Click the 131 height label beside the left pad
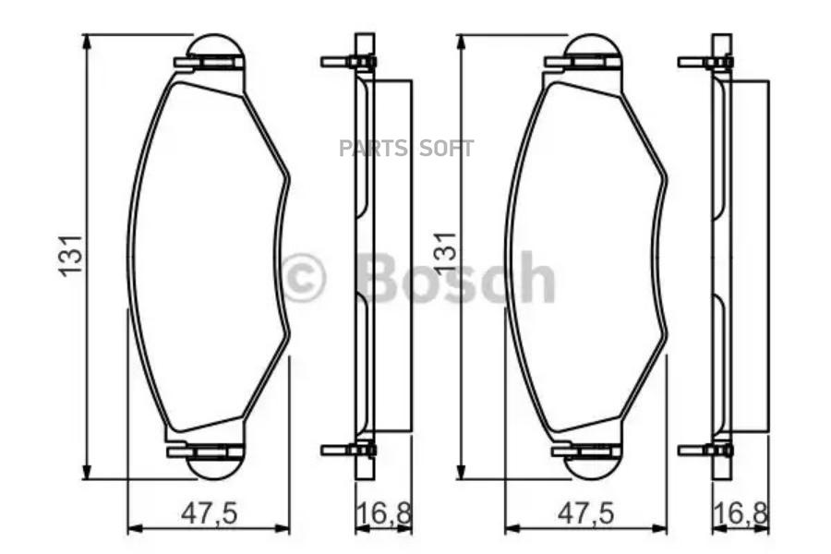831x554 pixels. click(x=71, y=255)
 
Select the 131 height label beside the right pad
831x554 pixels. click(x=446, y=255)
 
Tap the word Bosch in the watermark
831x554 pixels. click(x=457, y=277)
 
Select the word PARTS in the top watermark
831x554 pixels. click(x=373, y=149)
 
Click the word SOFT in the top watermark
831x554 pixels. click(x=447, y=149)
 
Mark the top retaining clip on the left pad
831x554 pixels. click(x=209, y=63)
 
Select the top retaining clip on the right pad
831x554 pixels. click(x=584, y=63)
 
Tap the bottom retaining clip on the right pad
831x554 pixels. click(x=584, y=451)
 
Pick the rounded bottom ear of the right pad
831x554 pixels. click(x=591, y=469)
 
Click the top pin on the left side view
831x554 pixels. click(x=346, y=63)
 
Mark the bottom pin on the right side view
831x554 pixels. click(x=704, y=451)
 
